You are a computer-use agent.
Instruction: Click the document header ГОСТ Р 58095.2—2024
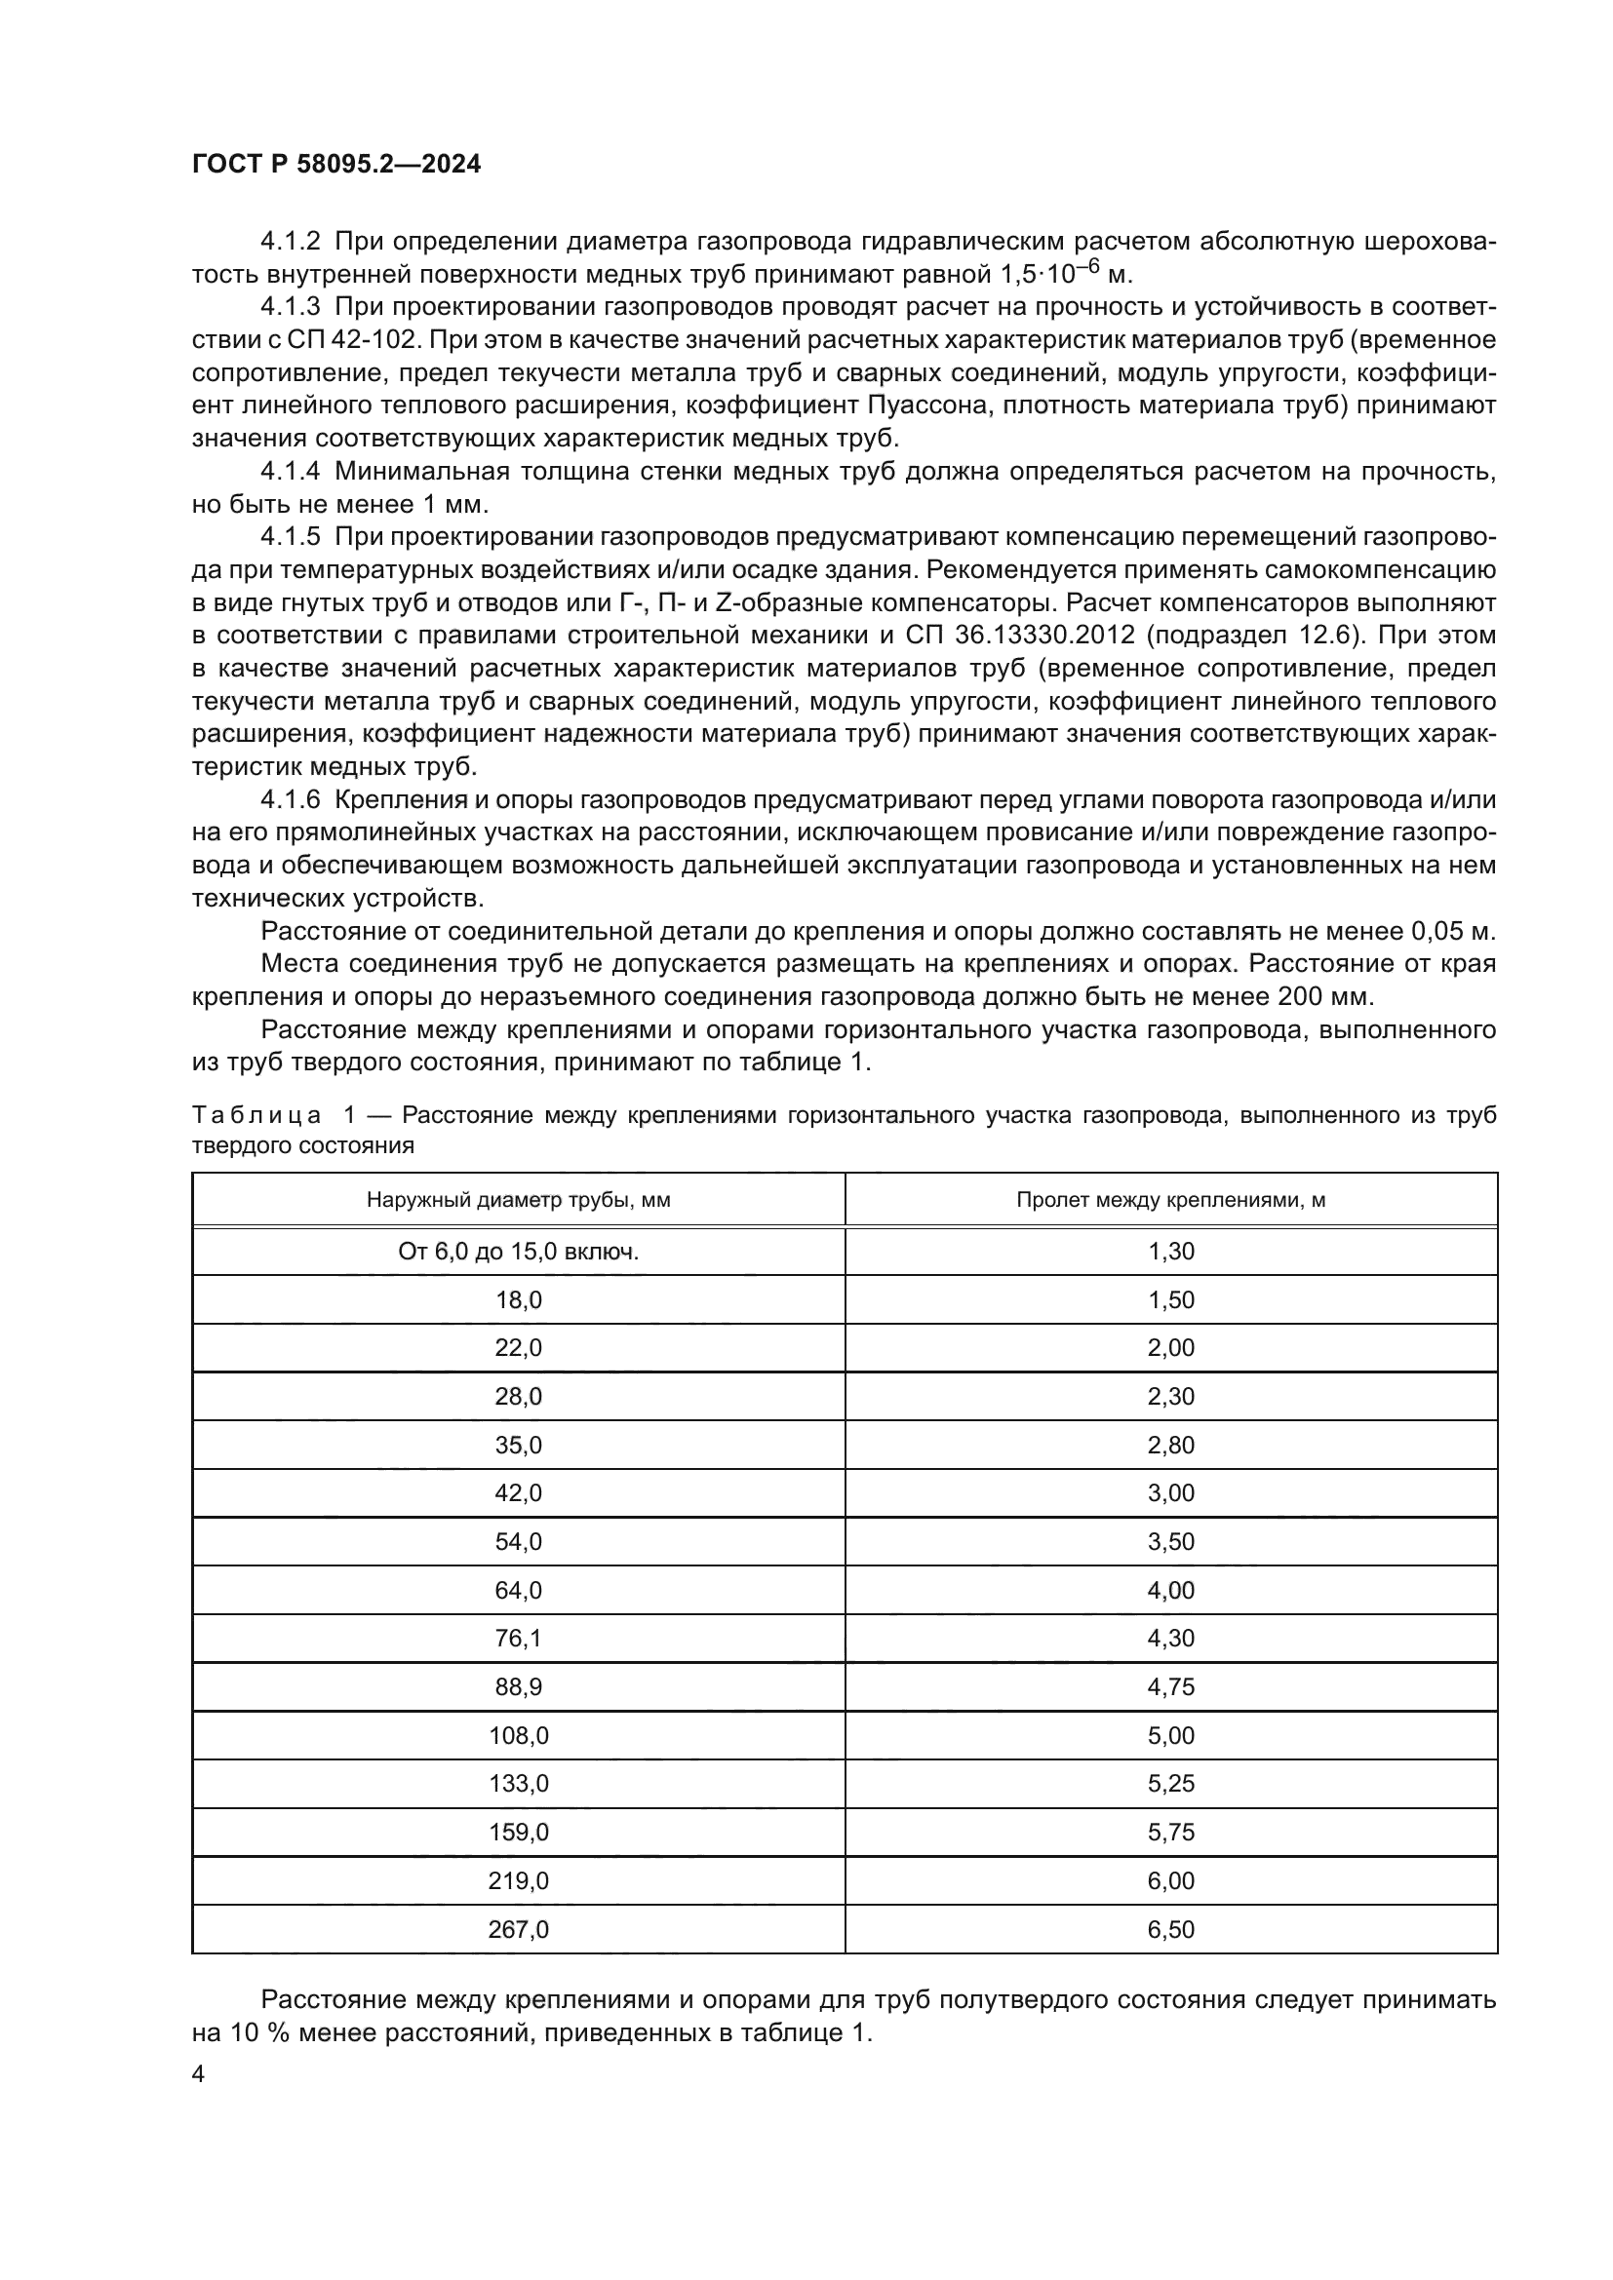[335, 165]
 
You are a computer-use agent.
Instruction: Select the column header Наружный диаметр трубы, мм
[519, 1200]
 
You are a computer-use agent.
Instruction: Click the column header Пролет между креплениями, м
[1171, 1200]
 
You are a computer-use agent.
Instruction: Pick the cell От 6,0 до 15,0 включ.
[519, 1252]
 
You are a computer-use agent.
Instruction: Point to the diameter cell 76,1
[519, 1639]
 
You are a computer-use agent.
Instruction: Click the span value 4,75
[1171, 1687]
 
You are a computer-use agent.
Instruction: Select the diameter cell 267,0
[519, 1929]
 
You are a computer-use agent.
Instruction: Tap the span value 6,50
[1171, 1929]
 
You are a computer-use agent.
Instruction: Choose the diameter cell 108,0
[519, 1736]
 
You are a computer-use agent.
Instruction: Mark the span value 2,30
[1171, 1396]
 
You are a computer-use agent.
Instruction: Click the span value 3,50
[1171, 1542]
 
